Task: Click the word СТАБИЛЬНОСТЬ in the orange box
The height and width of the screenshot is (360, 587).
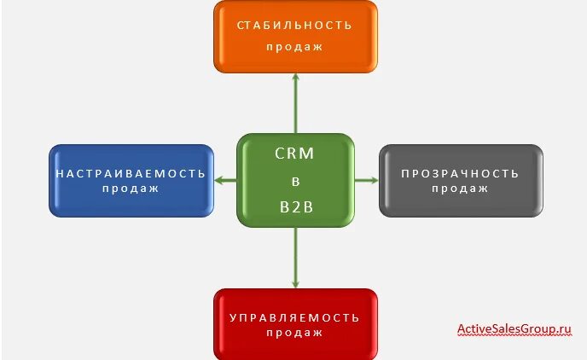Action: click(294, 25)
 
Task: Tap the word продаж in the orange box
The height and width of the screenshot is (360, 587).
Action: click(294, 46)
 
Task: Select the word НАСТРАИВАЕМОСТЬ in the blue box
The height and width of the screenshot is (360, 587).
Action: click(131, 173)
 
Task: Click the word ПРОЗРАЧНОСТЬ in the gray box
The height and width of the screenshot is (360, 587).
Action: click(460, 173)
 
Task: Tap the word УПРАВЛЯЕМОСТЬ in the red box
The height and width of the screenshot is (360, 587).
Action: click(294, 317)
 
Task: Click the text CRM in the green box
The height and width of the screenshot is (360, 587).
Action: click(294, 154)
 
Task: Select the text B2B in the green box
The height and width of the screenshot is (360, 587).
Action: click(294, 206)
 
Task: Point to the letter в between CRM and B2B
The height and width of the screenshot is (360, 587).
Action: click(294, 181)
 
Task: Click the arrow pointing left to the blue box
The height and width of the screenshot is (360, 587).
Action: click(225, 180)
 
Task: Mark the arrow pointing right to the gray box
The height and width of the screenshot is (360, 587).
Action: click(366, 180)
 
